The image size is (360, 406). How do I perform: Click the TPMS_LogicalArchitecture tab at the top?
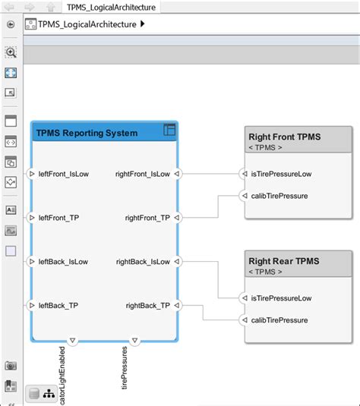coord(111,8)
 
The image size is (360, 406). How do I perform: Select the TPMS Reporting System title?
coord(87,133)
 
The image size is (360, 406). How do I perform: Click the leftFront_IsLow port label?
coord(64,174)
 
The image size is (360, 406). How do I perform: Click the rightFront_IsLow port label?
coord(143,174)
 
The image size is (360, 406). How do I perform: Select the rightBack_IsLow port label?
coord(143,262)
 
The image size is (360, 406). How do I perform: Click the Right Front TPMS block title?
coord(285,137)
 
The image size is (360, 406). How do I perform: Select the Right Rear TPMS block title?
coord(283,261)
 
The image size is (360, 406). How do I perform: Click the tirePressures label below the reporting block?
coord(125,369)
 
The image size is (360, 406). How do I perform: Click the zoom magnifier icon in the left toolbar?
coord(11,52)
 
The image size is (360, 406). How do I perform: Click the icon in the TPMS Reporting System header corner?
coord(169,131)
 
